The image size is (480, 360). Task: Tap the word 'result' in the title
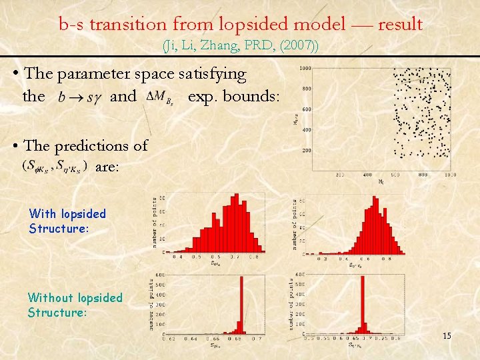coord(400,25)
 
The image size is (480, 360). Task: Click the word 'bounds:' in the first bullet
coord(251,97)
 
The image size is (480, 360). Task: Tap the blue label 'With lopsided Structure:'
coord(67,221)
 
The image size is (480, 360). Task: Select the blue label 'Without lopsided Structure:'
coord(75,305)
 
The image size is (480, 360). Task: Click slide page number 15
coord(447,335)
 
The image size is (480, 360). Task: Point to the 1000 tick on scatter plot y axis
coord(305,69)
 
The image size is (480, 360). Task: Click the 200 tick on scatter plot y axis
coord(307,151)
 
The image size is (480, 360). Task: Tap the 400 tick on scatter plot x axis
coord(367,175)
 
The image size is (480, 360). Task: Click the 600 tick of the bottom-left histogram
coord(160,275)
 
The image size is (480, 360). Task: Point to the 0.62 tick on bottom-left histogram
coord(169,338)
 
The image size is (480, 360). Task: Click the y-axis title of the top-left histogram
coord(154,223)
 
